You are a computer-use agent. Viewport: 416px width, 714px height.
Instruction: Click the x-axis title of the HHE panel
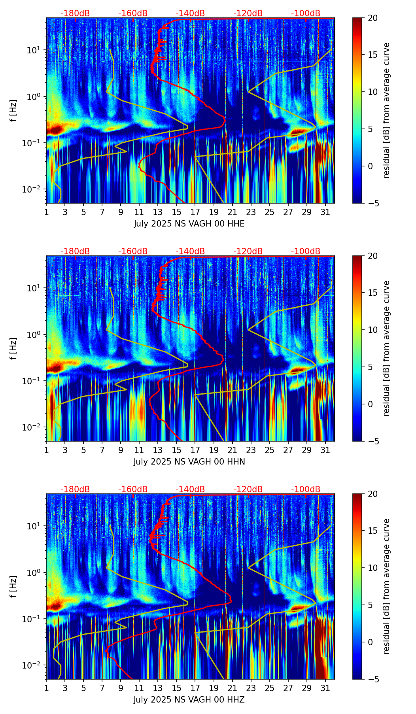pyautogui.click(x=189, y=224)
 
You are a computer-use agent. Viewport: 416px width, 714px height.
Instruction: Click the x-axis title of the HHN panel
pyautogui.click(x=189, y=462)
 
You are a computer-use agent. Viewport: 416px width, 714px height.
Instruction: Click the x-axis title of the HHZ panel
pyautogui.click(x=189, y=700)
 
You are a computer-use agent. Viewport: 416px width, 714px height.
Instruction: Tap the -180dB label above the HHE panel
pyautogui.click(x=75, y=13)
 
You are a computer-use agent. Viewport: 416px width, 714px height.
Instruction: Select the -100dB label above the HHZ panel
pyautogui.click(x=306, y=489)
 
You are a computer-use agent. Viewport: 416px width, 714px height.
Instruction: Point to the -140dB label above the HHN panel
pyautogui.click(x=190, y=251)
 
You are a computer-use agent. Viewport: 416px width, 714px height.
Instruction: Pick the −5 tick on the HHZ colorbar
pyautogui.click(x=372, y=679)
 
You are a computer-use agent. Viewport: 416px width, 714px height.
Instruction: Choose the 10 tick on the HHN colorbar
pyautogui.click(x=373, y=330)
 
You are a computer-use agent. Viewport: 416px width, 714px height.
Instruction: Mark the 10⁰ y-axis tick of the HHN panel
pyautogui.click(x=37, y=334)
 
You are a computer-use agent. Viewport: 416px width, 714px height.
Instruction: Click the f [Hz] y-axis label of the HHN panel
pyautogui.click(x=13, y=348)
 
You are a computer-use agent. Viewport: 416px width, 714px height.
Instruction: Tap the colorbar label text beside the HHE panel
pyautogui.click(x=386, y=110)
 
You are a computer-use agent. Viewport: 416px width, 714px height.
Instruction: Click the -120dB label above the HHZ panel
pyautogui.click(x=248, y=489)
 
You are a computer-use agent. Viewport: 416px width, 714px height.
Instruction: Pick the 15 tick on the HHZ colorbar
pyautogui.click(x=373, y=531)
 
